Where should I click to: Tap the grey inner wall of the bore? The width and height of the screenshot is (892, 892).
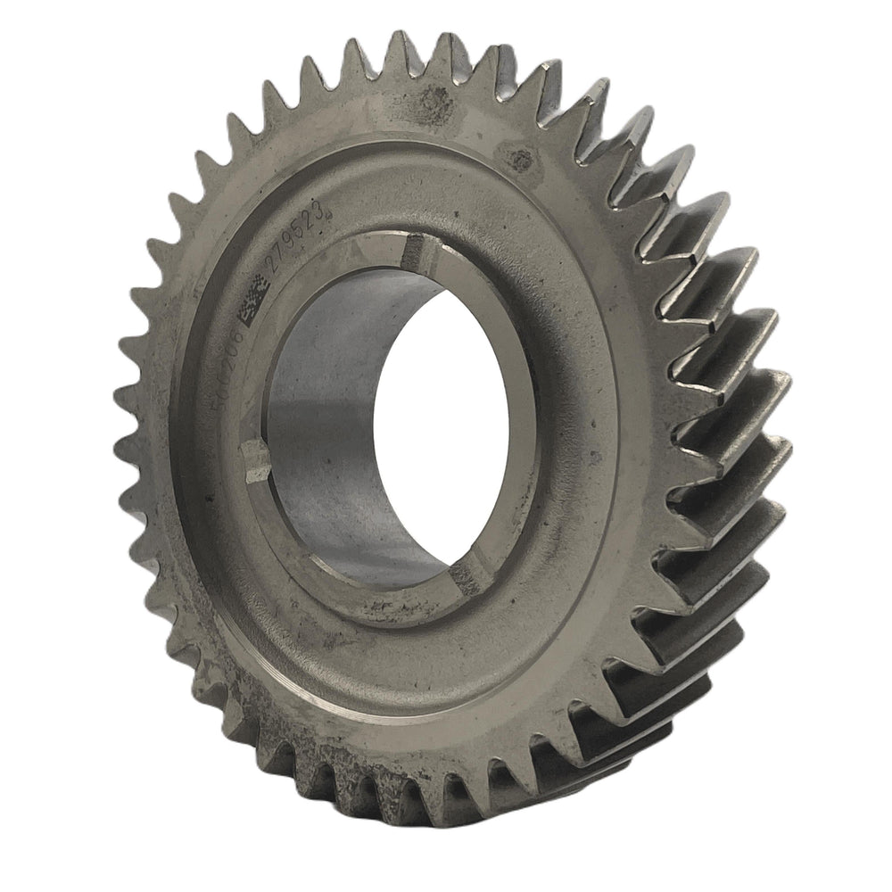330,428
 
